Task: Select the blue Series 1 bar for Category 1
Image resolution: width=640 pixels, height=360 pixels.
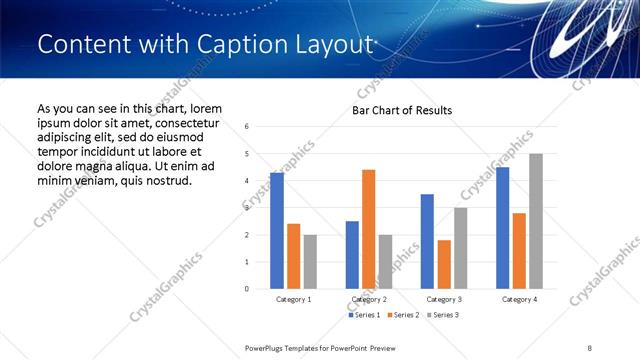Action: click(x=277, y=231)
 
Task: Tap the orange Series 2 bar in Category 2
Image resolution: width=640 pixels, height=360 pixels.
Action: click(x=368, y=229)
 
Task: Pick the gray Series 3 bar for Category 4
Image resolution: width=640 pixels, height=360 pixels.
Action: click(x=535, y=221)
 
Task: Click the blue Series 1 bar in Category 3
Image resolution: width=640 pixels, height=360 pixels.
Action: click(x=427, y=241)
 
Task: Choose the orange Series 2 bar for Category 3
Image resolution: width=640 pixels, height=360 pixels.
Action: click(x=444, y=264)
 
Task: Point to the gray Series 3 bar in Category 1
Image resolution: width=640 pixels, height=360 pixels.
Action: click(x=310, y=262)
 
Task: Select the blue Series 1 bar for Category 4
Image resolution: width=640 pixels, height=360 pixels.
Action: click(x=502, y=228)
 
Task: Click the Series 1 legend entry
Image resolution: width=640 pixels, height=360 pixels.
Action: click(x=366, y=315)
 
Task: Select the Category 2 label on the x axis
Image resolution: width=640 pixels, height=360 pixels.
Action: click(x=368, y=299)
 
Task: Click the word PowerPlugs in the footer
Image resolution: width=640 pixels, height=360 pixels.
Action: click(x=267, y=347)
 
